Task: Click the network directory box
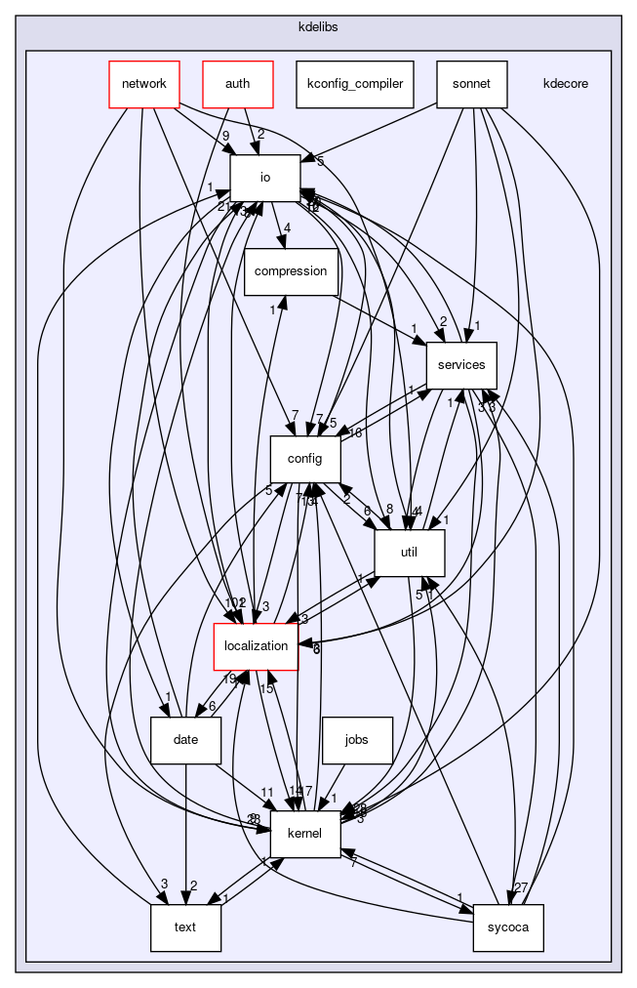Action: [x=143, y=84]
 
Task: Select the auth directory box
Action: [x=237, y=84]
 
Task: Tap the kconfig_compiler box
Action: [x=355, y=84]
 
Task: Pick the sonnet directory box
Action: [x=472, y=84]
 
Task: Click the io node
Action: [x=264, y=178]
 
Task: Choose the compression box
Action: [x=291, y=271]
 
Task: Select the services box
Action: [x=462, y=365]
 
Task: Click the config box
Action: [x=305, y=459]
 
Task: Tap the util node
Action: [x=410, y=553]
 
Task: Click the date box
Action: [x=185, y=740]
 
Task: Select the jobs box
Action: [x=357, y=740]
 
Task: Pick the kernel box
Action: [x=305, y=834]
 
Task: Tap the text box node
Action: [x=185, y=927]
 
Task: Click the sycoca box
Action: [x=508, y=927]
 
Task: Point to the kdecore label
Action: [x=566, y=84]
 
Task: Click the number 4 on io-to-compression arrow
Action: [x=287, y=229]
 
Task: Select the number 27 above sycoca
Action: [x=521, y=887]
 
